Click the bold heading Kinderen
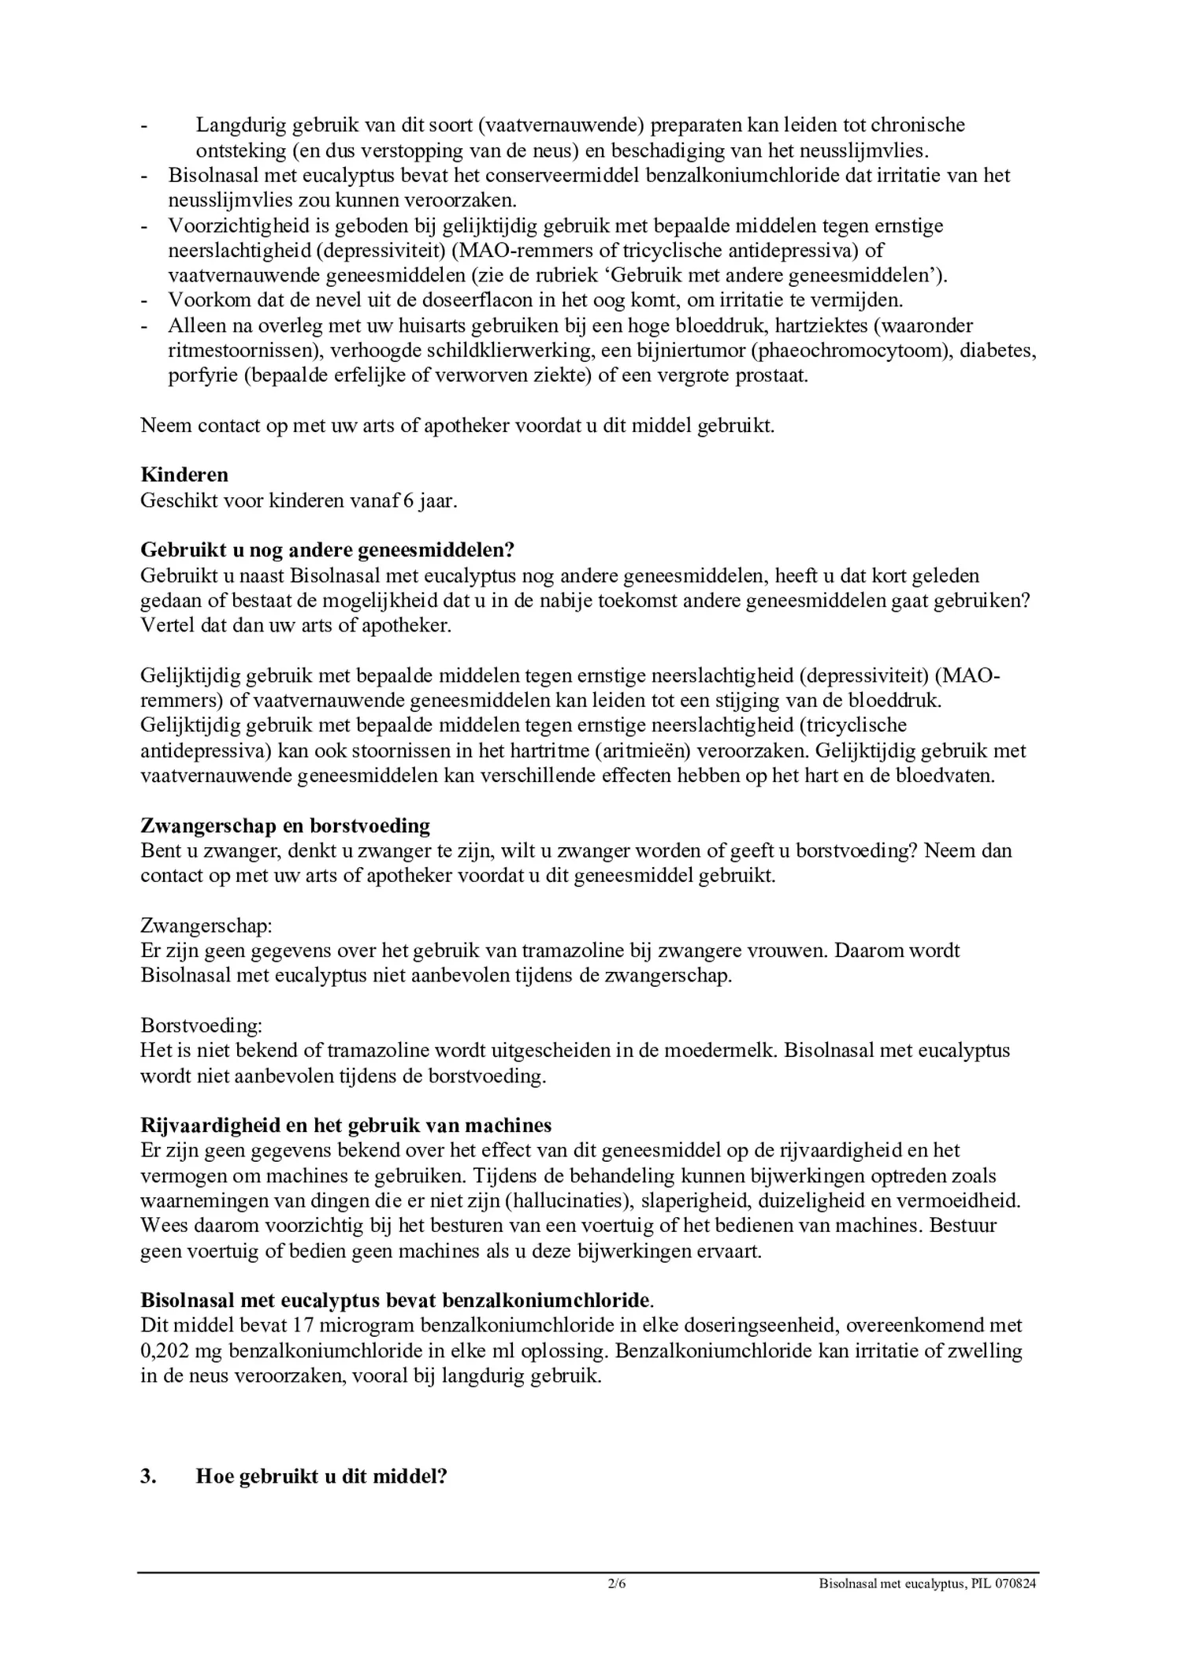[x=184, y=475]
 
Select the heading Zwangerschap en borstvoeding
[x=285, y=825]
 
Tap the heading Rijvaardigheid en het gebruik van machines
[x=346, y=1125]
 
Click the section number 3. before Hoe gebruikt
[x=149, y=1476]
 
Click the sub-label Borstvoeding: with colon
[x=202, y=1026]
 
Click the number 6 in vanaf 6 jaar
[x=409, y=501]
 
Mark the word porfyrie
[x=202, y=375]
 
